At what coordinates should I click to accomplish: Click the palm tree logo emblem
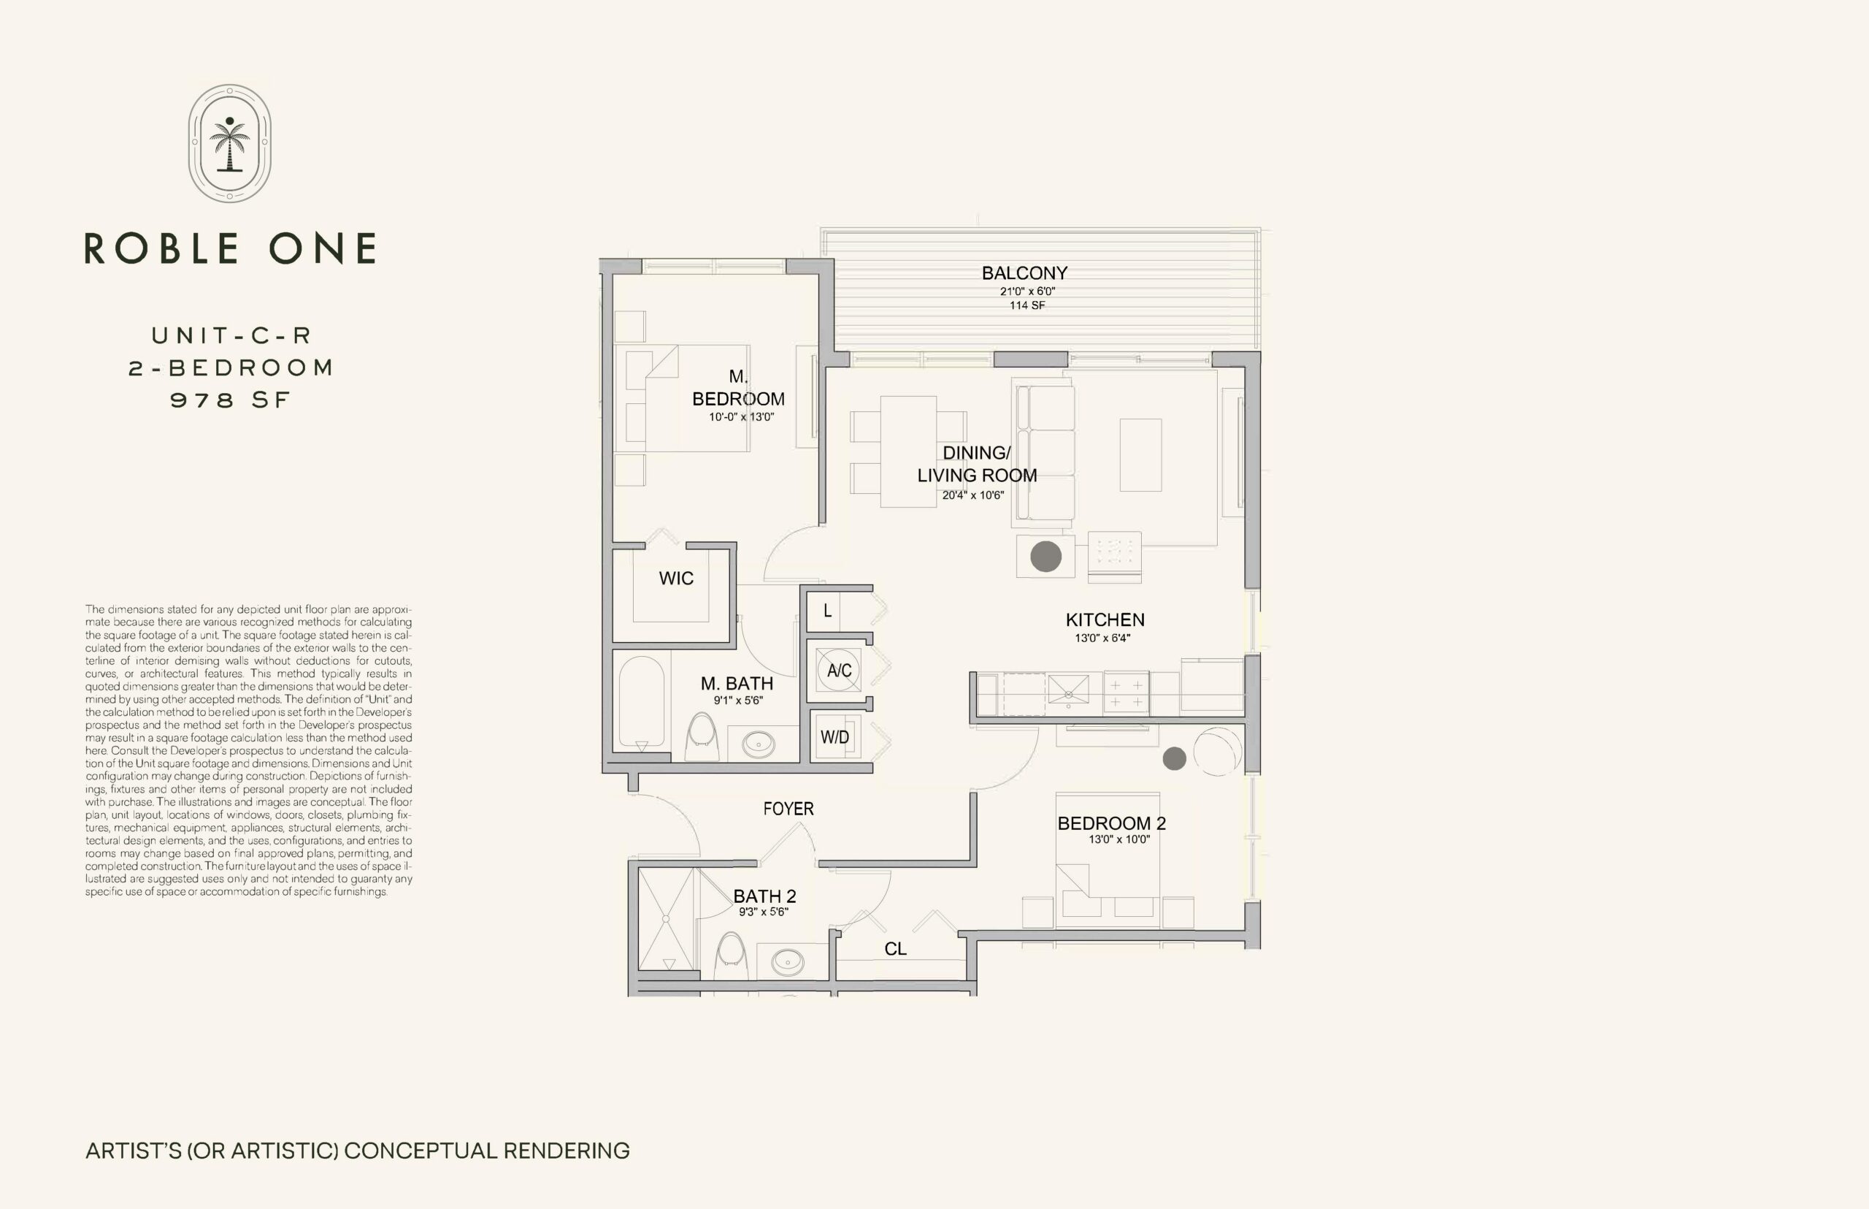point(230,144)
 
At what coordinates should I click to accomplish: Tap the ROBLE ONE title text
point(230,248)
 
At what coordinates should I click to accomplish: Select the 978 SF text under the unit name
point(231,400)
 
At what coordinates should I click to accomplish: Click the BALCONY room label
point(1025,273)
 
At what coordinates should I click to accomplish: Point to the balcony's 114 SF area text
point(1027,305)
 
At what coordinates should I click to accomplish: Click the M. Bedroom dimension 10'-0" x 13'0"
point(742,417)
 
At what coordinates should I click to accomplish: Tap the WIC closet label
point(676,579)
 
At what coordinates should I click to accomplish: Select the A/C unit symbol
point(839,670)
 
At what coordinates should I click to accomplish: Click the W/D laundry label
point(835,737)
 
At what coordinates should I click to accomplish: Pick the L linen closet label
point(827,611)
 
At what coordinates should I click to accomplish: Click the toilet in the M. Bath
point(702,737)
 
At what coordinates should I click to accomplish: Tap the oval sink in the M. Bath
point(759,744)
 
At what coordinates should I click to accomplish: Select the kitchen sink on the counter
point(1069,690)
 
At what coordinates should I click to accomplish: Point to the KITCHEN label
point(1105,620)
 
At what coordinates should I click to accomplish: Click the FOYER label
point(788,809)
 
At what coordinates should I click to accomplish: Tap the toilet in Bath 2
point(732,956)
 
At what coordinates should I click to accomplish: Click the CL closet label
point(895,949)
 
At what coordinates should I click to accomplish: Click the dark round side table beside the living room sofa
point(1046,557)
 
